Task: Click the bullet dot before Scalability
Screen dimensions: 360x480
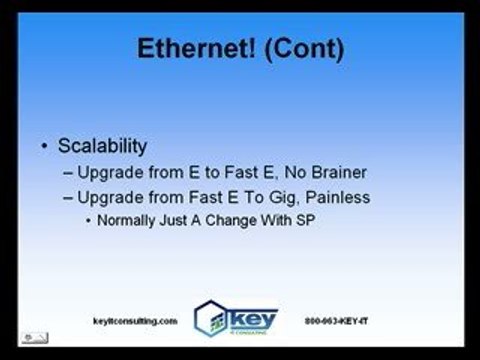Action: pos(46,148)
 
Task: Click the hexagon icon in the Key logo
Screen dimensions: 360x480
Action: pos(213,318)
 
